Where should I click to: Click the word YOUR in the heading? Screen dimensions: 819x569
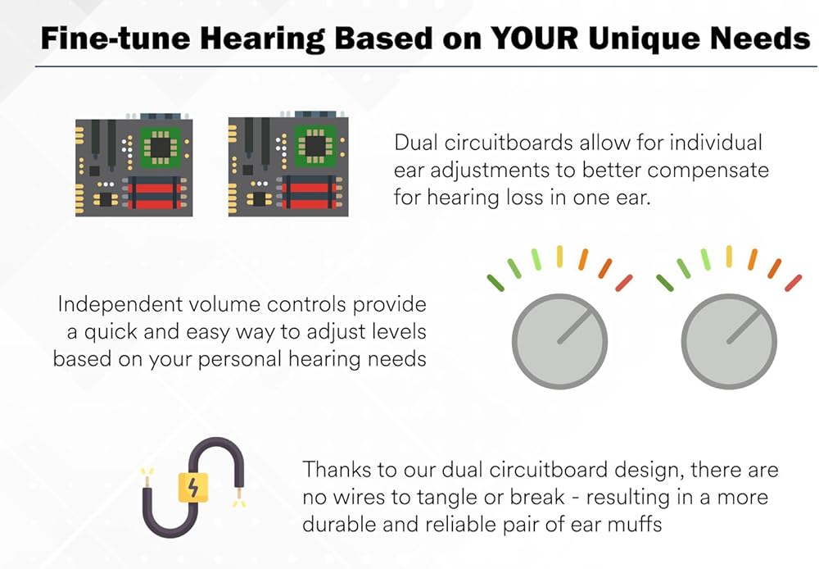pyautogui.click(x=534, y=39)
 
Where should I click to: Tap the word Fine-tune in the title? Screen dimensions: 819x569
pyautogui.click(x=115, y=39)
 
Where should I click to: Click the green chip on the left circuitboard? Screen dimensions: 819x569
pyautogui.click(x=161, y=148)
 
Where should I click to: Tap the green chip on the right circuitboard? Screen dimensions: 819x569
pyautogui.click(x=315, y=146)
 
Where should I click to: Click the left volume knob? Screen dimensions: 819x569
pyautogui.click(x=559, y=342)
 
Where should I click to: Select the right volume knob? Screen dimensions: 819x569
pyautogui.click(x=729, y=342)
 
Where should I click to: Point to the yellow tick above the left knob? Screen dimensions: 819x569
pyautogui.click(x=559, y=257)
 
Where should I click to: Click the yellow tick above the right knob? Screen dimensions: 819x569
pyautogui.click(x=729, y=257)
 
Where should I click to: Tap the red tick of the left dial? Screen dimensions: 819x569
pyautogui.click(x=624, y=283)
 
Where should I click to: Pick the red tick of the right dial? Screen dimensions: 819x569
pyautogui.click(x=794, y=283)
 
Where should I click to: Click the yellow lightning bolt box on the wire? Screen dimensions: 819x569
pyautogui.click(x=193, y=487)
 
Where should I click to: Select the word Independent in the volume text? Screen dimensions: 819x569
pyautogui.click(x=120, y=305)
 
